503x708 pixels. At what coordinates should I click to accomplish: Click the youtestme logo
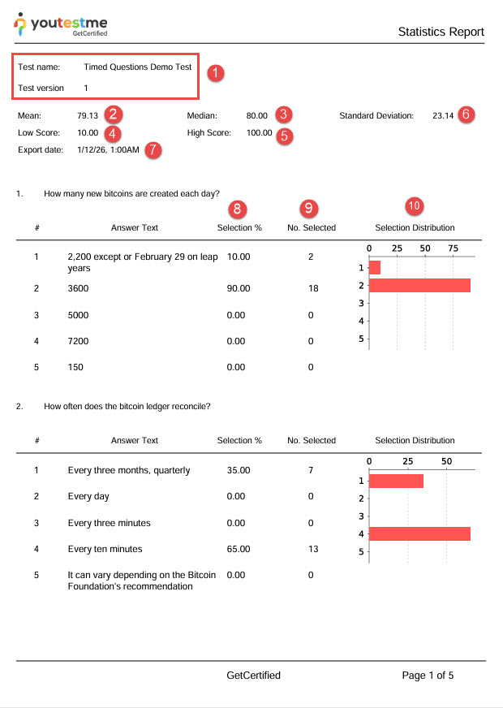[x=60, y=26]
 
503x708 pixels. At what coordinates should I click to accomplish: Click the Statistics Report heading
[x=441, y=32]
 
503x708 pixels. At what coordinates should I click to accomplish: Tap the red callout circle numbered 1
[x=215, y=73]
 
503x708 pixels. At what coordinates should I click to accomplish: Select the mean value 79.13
[x=88, y=116]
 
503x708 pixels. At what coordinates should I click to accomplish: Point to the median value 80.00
[x=257, y=116]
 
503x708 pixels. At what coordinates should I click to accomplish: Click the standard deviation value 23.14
[x=443, y=116]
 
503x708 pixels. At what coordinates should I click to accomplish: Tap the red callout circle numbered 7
[x=153, y=151]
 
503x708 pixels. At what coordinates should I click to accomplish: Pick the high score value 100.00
[x=260, y=132]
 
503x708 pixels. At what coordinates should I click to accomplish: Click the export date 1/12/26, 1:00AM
[x=108, y=150]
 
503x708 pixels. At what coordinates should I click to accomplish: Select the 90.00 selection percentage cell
[x=239, y=288]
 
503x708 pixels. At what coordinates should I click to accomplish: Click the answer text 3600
[x=79, y=288]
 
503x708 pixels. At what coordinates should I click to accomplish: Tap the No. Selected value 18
[x=311, y=288]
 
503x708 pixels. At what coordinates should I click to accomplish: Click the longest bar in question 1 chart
[x=419, y=285]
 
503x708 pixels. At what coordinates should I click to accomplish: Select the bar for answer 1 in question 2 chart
[x=396, y=481]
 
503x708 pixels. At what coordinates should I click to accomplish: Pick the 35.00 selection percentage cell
[x=239, y=470]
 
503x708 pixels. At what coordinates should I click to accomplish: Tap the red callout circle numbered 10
[x=414, y=207]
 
